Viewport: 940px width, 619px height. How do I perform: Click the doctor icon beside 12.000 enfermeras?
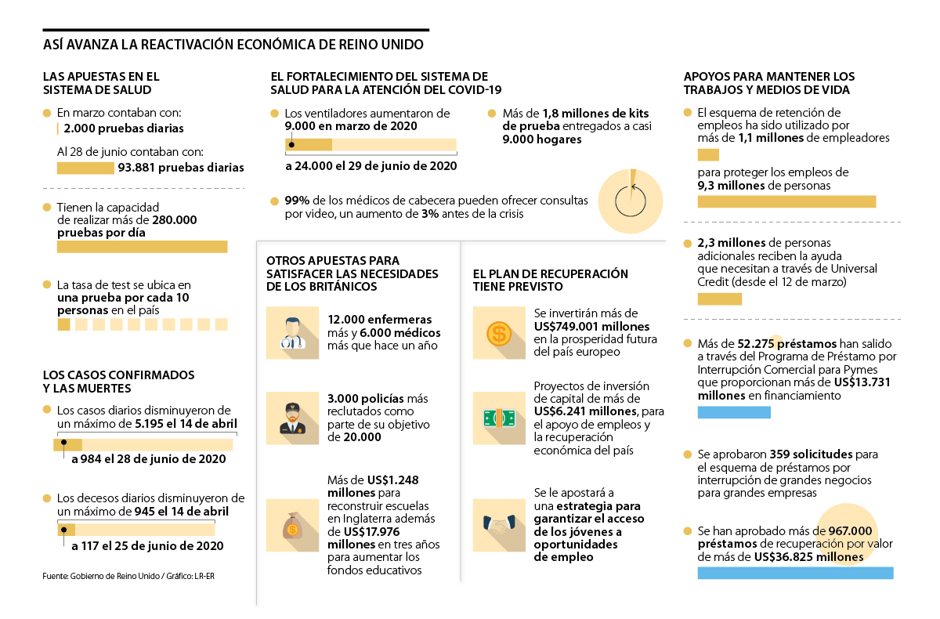coord(292,333)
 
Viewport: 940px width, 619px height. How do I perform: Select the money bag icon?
coord(292,520)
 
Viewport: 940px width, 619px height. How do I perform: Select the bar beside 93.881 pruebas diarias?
coord(85,168)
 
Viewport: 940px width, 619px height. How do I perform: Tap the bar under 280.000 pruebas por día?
coord(142,247)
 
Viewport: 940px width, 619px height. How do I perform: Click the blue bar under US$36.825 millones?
coord(795,573)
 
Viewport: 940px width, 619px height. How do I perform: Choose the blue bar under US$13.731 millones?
coord(734,412)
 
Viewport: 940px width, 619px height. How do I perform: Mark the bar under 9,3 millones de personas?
coord(786,201)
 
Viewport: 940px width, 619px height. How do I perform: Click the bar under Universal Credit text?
coord(719,299)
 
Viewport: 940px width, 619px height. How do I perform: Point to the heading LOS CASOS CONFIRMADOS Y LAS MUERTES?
coord(118,381)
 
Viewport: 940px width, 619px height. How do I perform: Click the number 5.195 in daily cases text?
coord(151,424)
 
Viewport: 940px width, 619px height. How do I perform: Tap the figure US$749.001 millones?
coord(591,326)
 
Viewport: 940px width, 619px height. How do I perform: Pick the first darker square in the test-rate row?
coord(63,324)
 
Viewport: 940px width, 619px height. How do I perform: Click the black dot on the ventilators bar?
coord(291,144)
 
